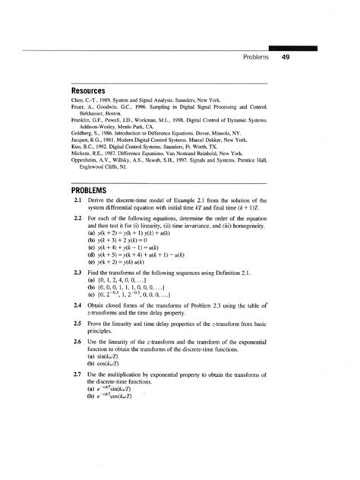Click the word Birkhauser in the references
point(97,113)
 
